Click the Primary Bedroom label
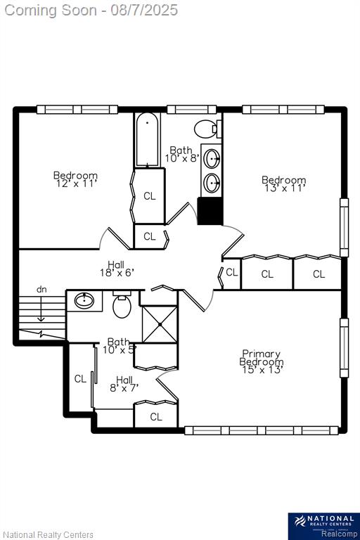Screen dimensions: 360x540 (x=262, y=358)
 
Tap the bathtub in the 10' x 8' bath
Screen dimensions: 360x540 (x=147, y=140)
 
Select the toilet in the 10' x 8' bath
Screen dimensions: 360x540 (x=207, y=129)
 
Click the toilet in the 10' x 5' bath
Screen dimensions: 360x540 (x=122, y=304)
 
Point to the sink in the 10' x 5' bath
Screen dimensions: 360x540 (x=84, y=301)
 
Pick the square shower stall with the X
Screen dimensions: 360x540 (x=160, y=324)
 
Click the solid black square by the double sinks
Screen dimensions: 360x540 (x=210, y=211)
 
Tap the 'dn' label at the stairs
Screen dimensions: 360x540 (x=41, y=290)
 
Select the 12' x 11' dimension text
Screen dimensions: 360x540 (x=75, y=184)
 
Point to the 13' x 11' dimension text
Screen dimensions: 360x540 (x=284, y=188)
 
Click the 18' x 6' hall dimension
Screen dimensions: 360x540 (x=117, y=273)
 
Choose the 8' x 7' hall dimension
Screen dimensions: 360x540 (x=124, y=388)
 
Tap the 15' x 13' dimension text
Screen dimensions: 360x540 (x=262, y=370)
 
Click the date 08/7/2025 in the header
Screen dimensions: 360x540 (x=144, y=10)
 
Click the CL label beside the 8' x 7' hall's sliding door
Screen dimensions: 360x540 (x=80, y=379)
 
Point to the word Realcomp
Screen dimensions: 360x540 (x=340, y=534)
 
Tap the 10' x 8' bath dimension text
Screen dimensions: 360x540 (x=182, y=158)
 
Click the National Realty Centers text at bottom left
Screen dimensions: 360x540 (x=49, y=535)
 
